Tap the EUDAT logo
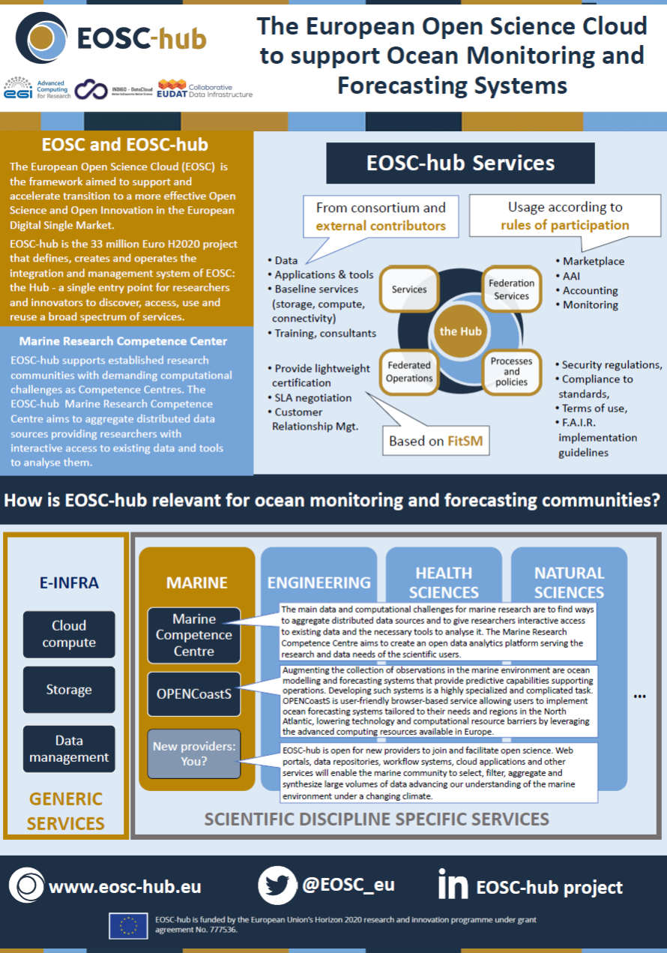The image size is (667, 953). pos(172,88)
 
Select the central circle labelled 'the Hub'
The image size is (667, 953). pos(460,331)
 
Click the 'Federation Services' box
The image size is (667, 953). pos(511,289)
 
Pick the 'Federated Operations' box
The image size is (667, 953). pos(409,372)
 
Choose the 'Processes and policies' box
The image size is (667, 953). pos(511,371)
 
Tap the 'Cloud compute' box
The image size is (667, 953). pos(69,634)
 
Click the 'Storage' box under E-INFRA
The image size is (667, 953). pos(69,690)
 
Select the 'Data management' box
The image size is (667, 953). pos(69,748)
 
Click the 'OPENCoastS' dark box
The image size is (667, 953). pos(194,694)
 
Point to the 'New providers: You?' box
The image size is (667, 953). pos(194,754)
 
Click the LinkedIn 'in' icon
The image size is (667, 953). pos(453,885)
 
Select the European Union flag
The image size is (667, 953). pos(127,926)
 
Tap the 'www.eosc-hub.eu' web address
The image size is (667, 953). pos(124,886)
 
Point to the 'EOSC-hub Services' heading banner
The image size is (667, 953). pos(460,163)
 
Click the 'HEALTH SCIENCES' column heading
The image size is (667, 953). pos(444,583)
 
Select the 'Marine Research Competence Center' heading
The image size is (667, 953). pos(124,341)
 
